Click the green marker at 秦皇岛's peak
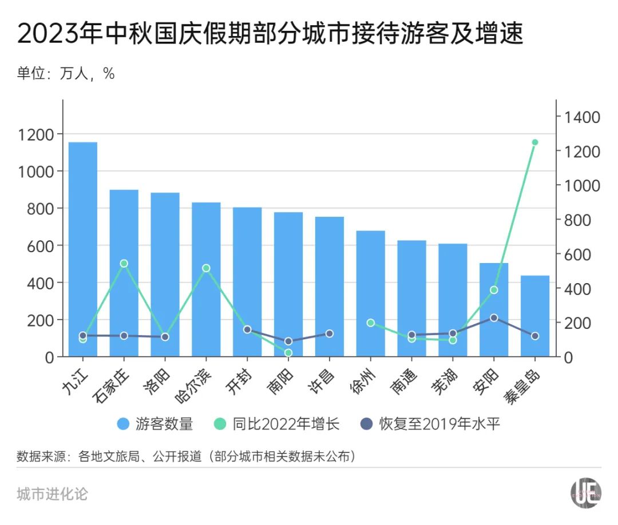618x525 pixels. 535,142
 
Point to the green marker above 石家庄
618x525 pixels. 124,264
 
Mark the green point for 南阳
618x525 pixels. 288,353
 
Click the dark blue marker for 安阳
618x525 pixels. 494,318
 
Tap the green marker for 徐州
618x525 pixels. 371,323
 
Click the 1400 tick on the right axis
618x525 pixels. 582,117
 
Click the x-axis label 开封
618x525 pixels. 239,381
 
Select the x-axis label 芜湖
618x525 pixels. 444,381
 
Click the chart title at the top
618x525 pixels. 270,35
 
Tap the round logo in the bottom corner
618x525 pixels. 585,492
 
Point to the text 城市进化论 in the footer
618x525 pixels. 53,494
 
